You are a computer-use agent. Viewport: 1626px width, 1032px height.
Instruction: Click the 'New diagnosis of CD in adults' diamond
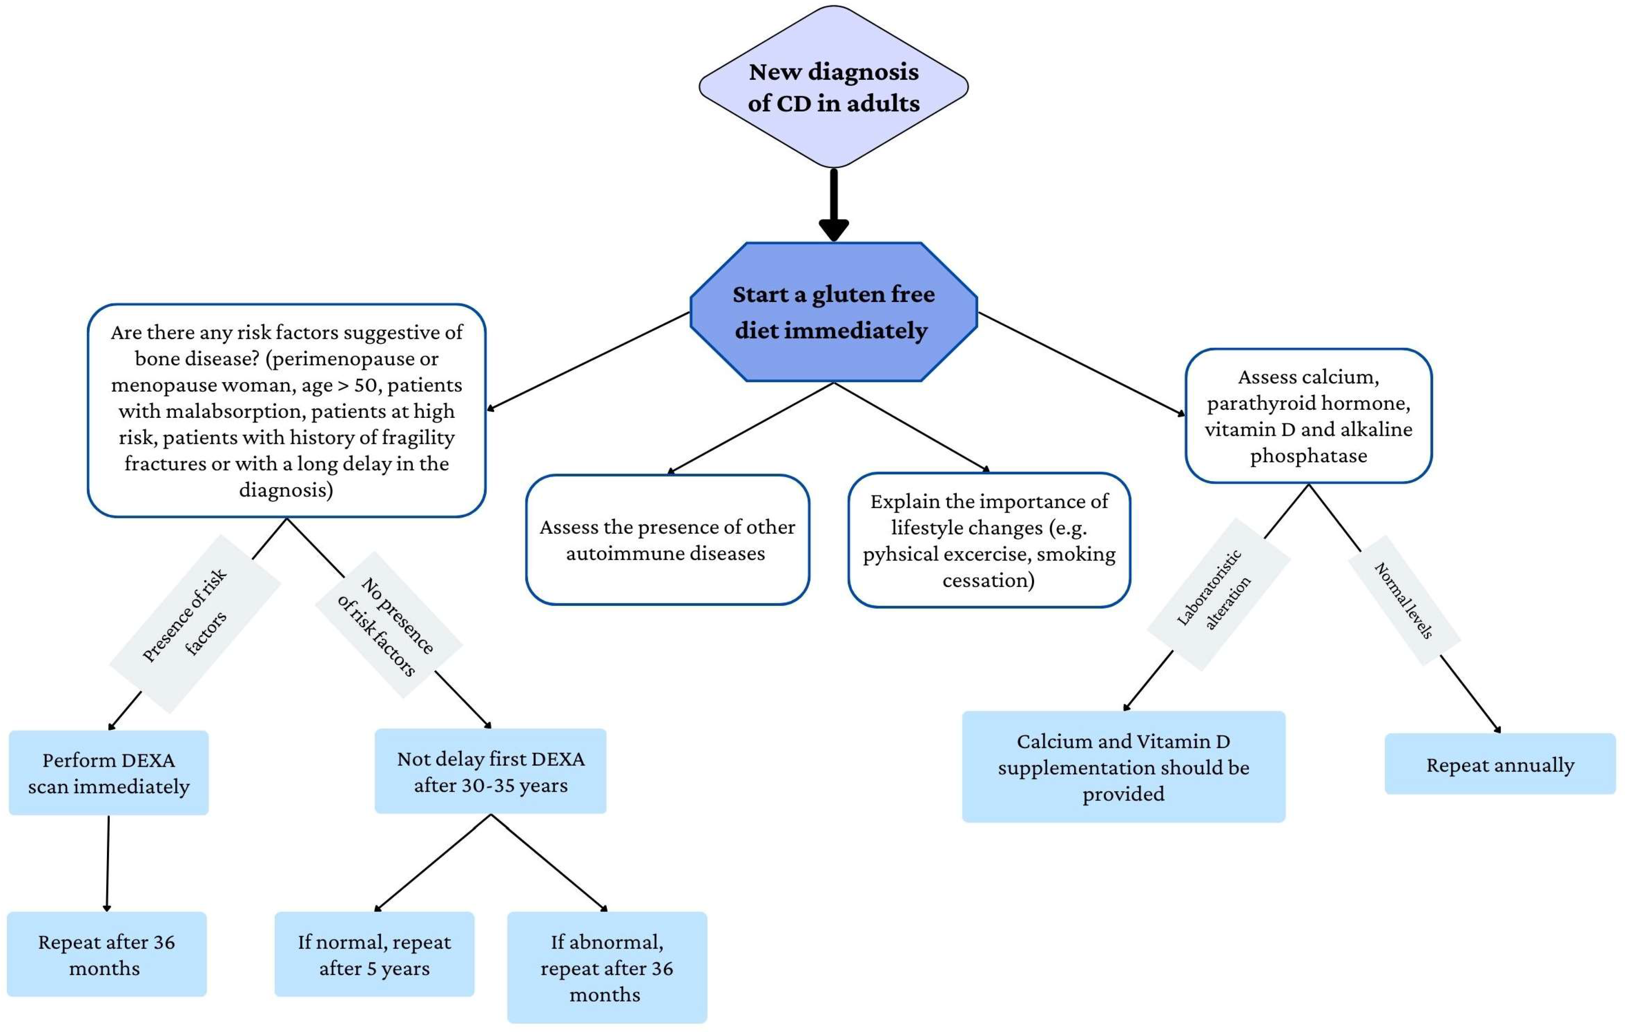coord(833,87)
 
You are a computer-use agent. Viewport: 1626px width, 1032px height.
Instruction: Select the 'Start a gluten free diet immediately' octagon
coord(833,312)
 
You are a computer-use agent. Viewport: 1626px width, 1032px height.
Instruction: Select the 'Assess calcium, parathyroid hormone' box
coord(1308,415)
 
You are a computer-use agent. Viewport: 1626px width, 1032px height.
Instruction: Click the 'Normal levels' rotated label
coord(1405,600)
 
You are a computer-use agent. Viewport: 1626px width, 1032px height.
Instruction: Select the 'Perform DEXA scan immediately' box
coord(108,773)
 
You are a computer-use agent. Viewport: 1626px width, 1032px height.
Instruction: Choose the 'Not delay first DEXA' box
coord(490,771)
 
